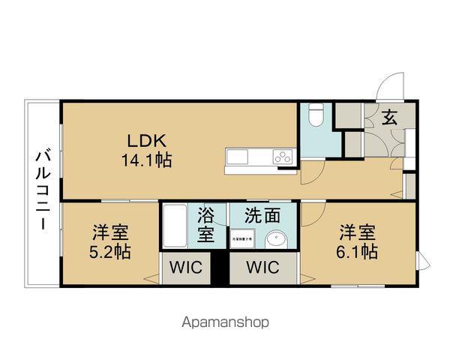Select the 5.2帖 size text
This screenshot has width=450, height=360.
point(110,252)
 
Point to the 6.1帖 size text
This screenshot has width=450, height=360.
point(357,252)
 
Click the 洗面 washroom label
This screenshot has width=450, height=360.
point(262,216)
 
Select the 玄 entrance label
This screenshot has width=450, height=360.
point(390,117)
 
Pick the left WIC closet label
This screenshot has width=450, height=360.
point(185,268)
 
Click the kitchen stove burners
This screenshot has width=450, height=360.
point(283,157)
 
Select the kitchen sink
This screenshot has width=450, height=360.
point(237,157)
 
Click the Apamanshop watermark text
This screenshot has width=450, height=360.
point(224,323)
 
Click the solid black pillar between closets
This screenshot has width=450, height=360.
point(219,269)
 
